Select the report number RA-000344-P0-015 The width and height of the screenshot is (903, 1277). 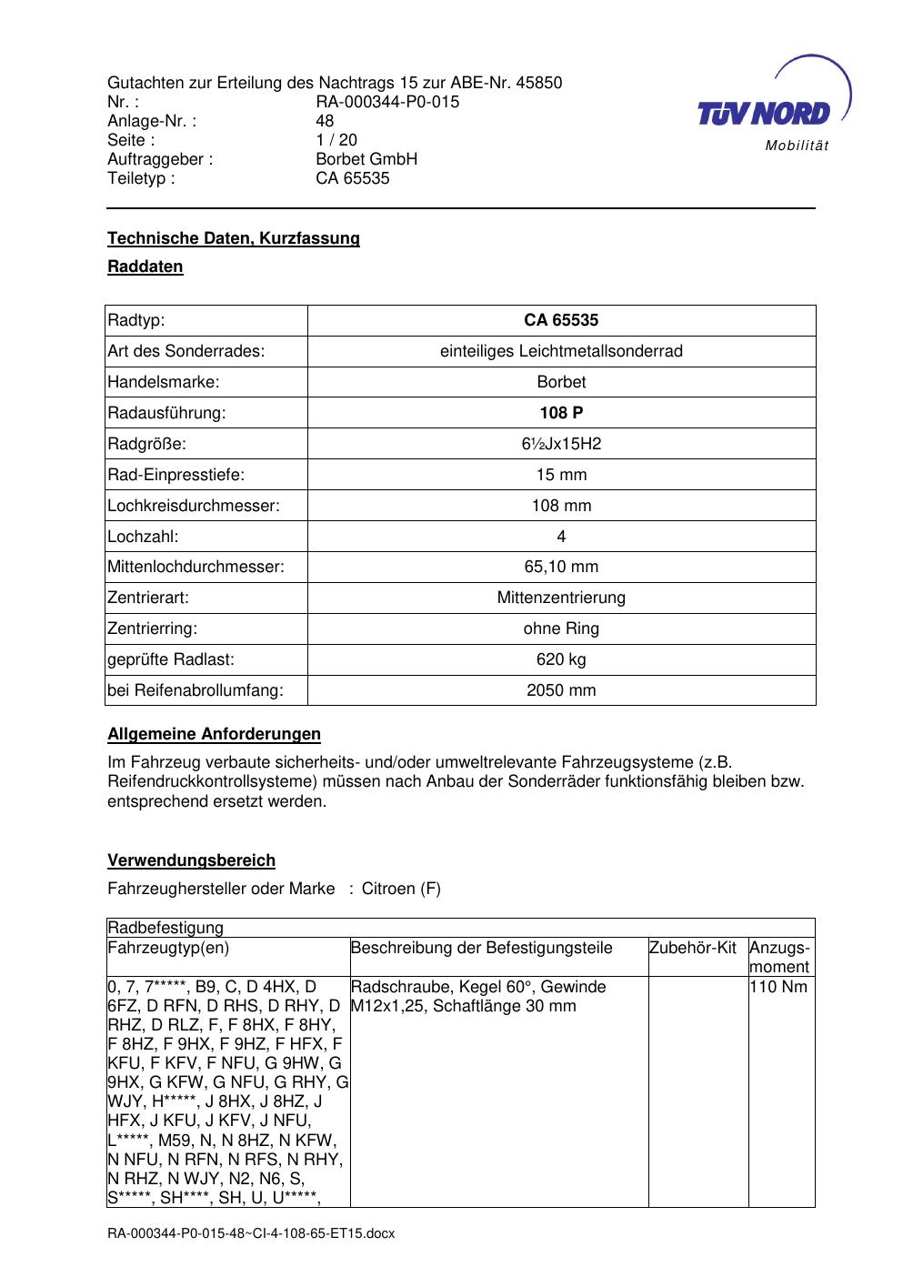click(x=387, y=102)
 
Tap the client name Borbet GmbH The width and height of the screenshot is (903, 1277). click(x=366, y=159)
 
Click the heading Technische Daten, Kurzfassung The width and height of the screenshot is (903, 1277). click(x=234, y=238)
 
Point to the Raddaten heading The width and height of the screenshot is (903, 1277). click(x=145, y=266)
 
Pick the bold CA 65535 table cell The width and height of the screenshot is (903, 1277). click(x=561, y=320)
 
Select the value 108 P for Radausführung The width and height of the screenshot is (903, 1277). click(x=561, y=413)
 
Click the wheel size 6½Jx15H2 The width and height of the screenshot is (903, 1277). click(x=561, y=444)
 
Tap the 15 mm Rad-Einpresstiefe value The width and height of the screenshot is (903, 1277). click(x=561, y=475)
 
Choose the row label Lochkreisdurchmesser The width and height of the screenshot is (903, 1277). click(x=194, y=506)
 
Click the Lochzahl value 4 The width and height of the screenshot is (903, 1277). click(x=561, y=537)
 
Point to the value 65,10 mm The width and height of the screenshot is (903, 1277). click(x=561, y=567)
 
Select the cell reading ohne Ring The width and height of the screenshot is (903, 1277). click(x=561, y=628)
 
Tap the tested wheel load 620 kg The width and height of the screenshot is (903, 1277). click(x=561, y=659)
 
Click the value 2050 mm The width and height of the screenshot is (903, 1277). click(x=561, y=690)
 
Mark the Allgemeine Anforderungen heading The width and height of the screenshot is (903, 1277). click(x=214, y=734)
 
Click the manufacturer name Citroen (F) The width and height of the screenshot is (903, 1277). click(x=401, y=889)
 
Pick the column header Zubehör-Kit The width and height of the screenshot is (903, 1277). click(x=693, y=948)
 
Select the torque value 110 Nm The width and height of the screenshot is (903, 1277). click(x=778, y=987)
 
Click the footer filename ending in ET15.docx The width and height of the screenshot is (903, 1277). click(x=251, y=1233)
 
